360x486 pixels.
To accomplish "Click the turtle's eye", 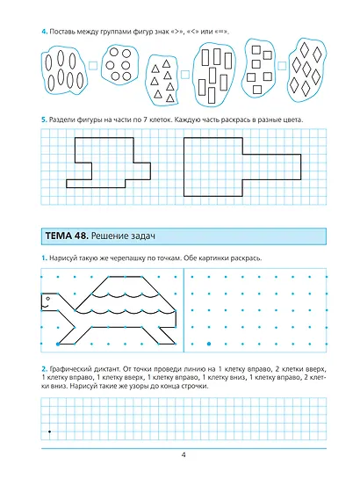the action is [47, 299].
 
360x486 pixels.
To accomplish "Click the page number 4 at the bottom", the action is [184, 455].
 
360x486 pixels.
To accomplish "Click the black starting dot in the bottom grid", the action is [49, 432].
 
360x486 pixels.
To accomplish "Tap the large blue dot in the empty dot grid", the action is [209, 344].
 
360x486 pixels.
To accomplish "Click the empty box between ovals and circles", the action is [93, 66].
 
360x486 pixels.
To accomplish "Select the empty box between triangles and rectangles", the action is [184, 75].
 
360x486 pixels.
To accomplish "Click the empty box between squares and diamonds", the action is [281, 66].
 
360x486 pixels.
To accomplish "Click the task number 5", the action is [44, 120].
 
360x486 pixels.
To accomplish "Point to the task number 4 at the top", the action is [44, 32].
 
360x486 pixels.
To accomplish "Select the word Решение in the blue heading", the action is [109, 236].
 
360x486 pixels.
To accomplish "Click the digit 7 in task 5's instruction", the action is [145, 120].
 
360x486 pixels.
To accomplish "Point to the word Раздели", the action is [60, 120].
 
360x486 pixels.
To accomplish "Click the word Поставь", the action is [61, 32].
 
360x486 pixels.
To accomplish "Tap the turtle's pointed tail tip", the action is [176, 310].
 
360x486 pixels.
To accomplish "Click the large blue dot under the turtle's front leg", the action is [58, 344].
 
